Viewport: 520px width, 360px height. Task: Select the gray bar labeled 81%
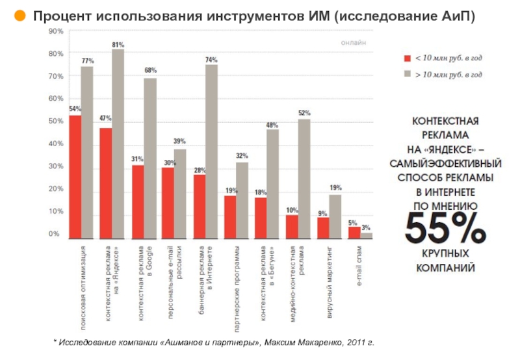(x=118, y=143)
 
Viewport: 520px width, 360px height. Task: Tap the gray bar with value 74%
(x=211, y=151)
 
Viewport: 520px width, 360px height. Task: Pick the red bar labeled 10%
(x=292, y=225)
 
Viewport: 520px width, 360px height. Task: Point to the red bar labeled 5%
(x=354, y=232)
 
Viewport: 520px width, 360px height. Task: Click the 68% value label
(x=150, y=70)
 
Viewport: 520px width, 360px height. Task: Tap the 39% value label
(x=179, y=141)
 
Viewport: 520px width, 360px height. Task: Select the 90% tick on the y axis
(x=56, y=31)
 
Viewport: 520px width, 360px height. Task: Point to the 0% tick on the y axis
(x=56, y=234)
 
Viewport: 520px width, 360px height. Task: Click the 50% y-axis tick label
(x=56, y=121)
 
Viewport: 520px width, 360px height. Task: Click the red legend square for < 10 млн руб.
(x=408, y=58)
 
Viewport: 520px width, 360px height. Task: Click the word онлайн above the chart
(x=354, y=43)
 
